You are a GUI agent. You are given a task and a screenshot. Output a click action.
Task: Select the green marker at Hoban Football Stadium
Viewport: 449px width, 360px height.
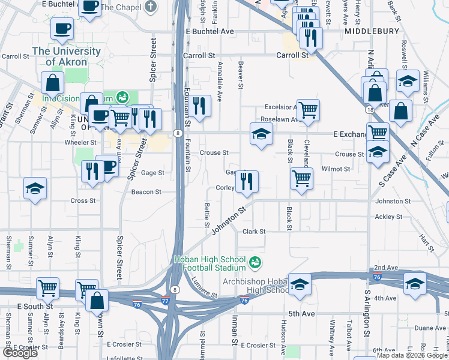(255, 263)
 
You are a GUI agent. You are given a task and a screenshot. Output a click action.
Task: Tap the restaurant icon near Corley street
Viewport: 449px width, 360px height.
(246, 181)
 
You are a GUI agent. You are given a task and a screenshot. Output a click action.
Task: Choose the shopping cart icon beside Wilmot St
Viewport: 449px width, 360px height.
(301, 177)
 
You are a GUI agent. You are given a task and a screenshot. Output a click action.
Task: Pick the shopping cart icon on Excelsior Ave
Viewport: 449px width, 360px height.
(308, 110)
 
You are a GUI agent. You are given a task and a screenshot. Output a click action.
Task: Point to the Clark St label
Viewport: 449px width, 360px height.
(254, 232)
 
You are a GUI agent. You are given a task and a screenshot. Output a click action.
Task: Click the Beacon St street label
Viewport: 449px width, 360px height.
(146, 192)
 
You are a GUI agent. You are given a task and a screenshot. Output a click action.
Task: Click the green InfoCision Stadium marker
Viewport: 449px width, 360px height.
(122, 97)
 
